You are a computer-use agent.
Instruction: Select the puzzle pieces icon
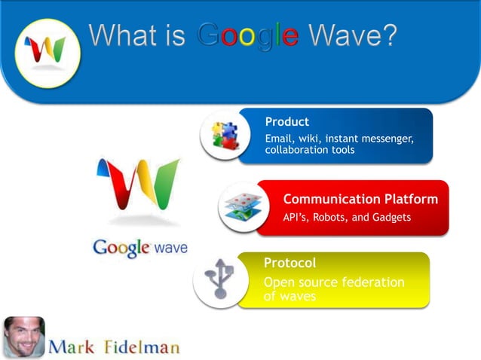224,136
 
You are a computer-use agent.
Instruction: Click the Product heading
286,121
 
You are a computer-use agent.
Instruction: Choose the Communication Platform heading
360,199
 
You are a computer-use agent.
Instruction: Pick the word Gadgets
389,218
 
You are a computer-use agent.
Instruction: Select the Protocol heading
290,263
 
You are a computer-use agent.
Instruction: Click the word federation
372,282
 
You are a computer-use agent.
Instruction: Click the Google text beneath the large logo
120,248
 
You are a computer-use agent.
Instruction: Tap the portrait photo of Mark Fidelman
23,337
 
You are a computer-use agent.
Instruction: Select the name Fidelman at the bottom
142,346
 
